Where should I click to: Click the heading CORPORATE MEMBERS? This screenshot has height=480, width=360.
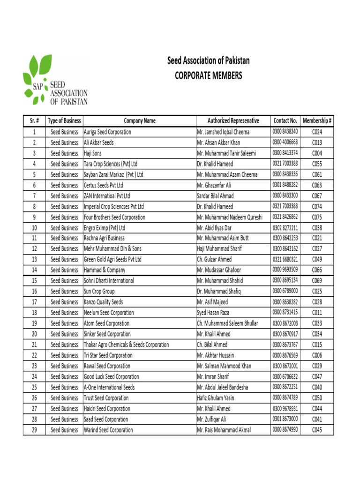(209, 75)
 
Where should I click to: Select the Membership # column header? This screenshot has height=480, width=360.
(317, 121)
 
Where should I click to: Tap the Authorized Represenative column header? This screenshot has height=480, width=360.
(233, 121)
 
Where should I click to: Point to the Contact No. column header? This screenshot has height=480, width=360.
(285, 121)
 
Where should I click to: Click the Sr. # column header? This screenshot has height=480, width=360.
(34, 121)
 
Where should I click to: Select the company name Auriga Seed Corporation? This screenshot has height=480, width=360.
(107, 132)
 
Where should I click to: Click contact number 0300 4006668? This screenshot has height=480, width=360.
(285, 142)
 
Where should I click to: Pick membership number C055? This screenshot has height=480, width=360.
(317, 164)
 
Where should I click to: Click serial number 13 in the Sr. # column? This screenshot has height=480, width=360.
(34, 260)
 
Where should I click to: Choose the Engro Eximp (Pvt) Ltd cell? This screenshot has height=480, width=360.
(105, 228)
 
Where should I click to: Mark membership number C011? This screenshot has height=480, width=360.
(317, 313)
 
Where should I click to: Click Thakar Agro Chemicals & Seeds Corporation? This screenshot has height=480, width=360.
(126, 345)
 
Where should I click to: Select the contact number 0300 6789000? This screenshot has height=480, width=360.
(285, 291)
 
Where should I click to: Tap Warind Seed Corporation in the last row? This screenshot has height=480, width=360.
(108, 430)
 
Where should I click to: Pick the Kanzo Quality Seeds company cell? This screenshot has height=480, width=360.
(103, 302)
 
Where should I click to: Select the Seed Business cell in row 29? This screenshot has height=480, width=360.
(64, 430)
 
